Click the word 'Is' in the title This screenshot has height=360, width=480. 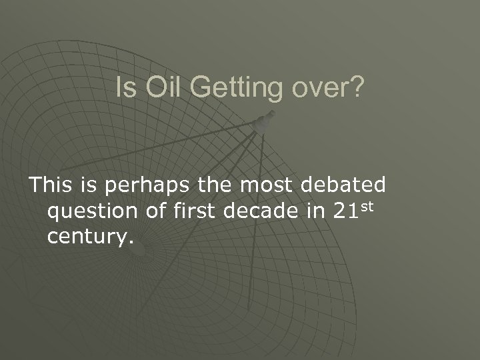click(123, 88)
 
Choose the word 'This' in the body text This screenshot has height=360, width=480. click(51, 184)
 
